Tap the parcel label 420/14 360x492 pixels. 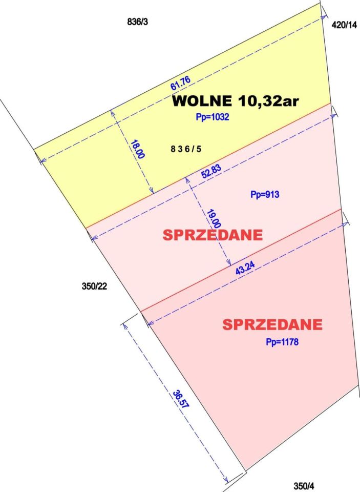[344, 24]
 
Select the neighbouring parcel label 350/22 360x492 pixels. [94, 286]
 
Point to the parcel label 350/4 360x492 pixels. [305, 485]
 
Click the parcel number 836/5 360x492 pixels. [186, 149]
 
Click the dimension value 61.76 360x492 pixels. [180, 83]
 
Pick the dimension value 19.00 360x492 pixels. [215, 218]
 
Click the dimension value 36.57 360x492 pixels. [180, 399]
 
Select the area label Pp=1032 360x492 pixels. [212, 117]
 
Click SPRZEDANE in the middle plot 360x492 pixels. [213, 235]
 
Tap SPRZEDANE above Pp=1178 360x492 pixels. [272, 324]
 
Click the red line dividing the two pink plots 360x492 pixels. [241, 260]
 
